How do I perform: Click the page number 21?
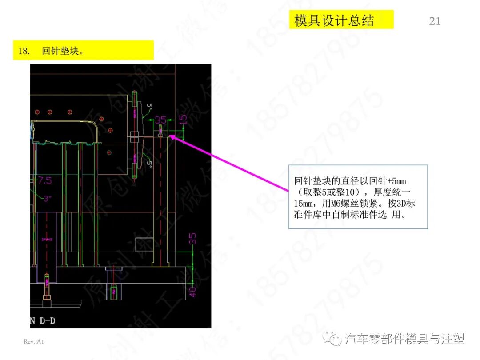point(435,21)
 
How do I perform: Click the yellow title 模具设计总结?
point(334,20)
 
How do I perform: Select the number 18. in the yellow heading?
point(24,51)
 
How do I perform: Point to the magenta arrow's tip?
point(170,136)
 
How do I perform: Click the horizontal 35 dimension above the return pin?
point(160,120)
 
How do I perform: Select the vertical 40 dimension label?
point(193,292)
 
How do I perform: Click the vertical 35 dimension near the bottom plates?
point(193,239)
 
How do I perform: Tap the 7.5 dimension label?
point(44,180)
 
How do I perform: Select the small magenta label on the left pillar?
point(46,239)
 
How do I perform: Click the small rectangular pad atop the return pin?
point(160,133)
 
